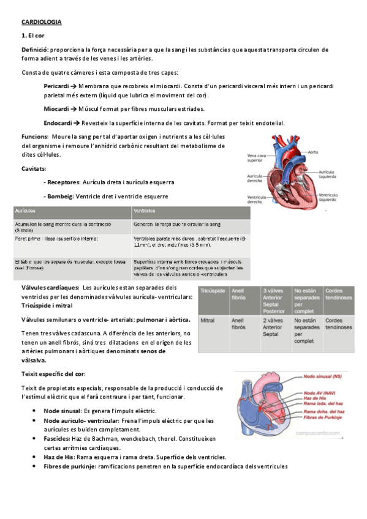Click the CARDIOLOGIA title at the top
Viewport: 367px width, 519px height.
42,22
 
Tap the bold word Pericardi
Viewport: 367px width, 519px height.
56,87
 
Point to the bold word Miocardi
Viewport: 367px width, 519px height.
55,109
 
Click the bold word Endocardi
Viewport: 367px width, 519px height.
57,123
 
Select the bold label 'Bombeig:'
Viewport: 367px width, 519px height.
61,196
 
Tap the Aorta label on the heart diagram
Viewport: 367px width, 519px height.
313,152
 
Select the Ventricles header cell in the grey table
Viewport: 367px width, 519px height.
145,213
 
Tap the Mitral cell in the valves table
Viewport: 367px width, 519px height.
207,320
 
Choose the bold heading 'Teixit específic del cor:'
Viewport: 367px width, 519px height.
53,373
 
